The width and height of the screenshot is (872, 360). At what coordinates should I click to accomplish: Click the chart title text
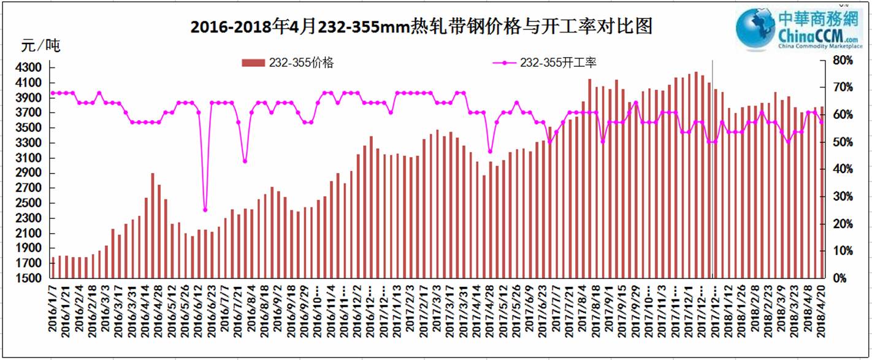(421, 28)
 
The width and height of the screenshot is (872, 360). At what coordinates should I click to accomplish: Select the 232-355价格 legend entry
(288, 63)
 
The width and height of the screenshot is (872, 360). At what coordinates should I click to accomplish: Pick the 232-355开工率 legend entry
(546, 63)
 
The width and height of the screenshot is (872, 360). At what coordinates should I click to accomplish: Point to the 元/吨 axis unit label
(40, 46)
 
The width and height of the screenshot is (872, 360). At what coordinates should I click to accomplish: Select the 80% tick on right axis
(840, 60)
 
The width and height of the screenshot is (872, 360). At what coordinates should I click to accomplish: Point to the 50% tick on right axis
(840, 142)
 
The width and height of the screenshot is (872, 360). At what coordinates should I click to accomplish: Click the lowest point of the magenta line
(205, 210)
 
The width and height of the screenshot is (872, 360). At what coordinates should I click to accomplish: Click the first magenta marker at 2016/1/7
(53, 93)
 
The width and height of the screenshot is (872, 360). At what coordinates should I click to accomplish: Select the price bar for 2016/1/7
(53, 267)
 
